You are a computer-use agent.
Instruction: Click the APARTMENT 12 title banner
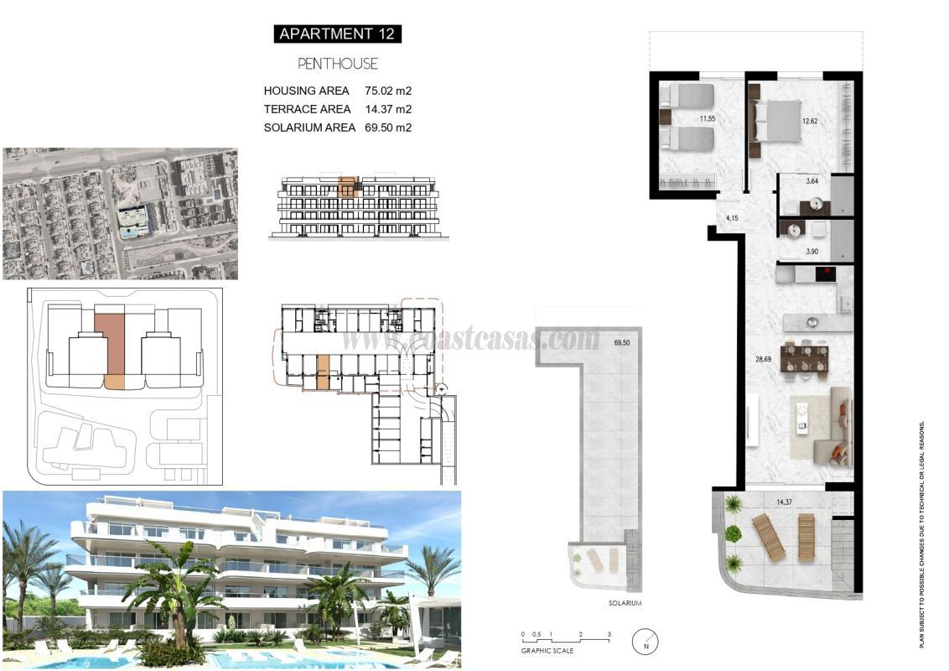(338, 34)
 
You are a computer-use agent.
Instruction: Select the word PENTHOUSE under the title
(338, 64)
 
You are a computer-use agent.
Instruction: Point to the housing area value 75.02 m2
(388, 91)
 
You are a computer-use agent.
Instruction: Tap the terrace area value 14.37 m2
(388, 109)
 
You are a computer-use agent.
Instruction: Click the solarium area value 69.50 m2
(388, 127)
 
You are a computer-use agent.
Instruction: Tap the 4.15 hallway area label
(732, 218)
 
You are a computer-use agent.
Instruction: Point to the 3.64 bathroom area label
(812, 180)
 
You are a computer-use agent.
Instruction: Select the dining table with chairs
(805, 358)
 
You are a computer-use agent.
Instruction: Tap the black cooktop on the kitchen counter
(827, 273)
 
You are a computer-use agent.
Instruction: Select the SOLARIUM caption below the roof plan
(625, 603)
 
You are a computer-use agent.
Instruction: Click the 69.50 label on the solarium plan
(622, 343)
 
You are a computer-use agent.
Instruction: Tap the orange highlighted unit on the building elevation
(348, 186)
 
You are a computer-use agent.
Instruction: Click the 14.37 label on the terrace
(785, 502)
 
